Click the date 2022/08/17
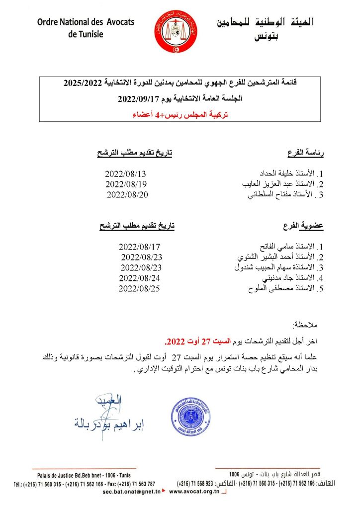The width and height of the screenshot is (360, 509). point(140,247)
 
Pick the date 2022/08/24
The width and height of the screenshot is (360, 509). point(140,278)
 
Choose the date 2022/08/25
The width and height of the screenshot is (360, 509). point(140,288)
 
